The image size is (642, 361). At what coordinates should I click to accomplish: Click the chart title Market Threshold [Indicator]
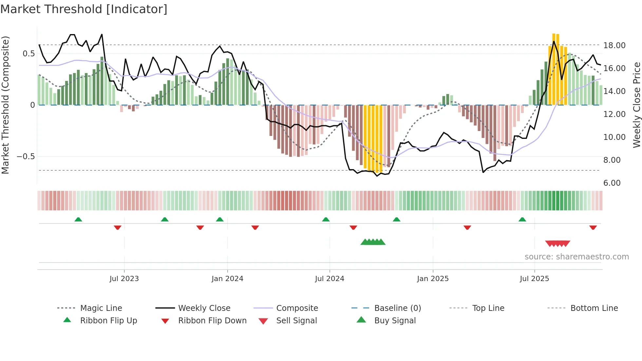tap(84, 9)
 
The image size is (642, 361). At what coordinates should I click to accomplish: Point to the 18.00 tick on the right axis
tap(614, 46)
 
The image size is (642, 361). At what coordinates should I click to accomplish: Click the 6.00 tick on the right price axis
tap(612, 183)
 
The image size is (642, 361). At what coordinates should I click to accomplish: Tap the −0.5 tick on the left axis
tap(26, 157)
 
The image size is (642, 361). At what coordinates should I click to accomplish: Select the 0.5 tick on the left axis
tap(28, 54)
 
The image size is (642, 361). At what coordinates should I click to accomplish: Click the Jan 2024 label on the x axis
tap(227, 279)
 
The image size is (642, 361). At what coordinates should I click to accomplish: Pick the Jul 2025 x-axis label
tap(534, 279)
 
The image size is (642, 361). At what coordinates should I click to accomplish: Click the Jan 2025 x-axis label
tap(433, 279)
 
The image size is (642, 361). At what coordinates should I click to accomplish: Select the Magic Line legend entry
tap(101, 308)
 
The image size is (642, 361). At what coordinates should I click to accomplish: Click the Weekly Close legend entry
tap(204, 308)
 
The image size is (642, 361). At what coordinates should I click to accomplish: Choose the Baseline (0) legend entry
tap(397, 308)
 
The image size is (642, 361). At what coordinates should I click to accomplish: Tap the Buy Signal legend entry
tap(395, 321)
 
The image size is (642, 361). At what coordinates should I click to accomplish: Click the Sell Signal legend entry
tap(296, 321)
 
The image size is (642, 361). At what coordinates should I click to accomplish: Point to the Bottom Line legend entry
tap(594, 308)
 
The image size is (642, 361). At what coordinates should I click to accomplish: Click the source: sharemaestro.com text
tap(576, 257)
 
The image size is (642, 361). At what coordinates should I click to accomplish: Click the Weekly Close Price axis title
tap(636, 105)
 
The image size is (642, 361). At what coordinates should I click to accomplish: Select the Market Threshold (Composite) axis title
tap(5, 105)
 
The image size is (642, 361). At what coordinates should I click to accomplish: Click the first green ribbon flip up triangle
tap(78, 219)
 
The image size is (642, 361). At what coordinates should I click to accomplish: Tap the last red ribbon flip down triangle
tap(593, 227)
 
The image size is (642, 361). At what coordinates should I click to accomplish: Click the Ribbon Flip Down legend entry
tap(212, 321)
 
